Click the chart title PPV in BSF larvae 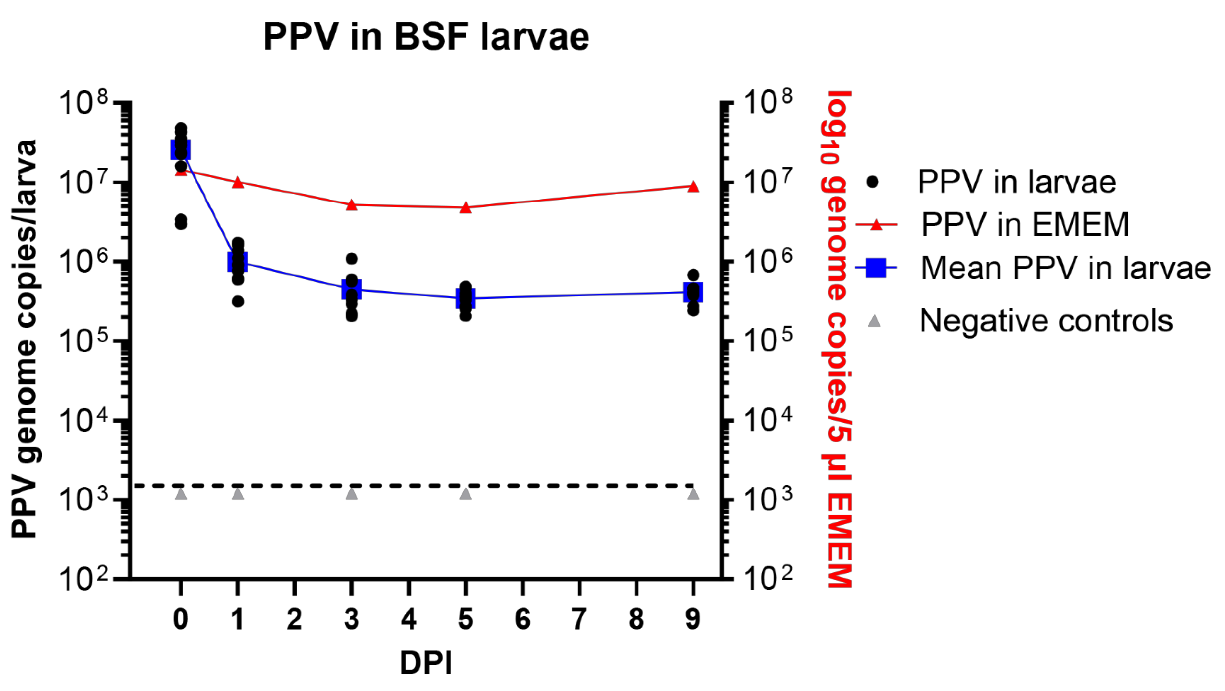coord(426,37)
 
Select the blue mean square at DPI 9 coord(693,292)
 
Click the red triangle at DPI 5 coord(466,207)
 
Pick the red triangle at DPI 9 coord(693,186)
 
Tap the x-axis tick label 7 coord(579,619)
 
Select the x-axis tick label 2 coord(294,619)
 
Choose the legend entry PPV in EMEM coord(1025,224)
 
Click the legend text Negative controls coord(1046,320)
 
